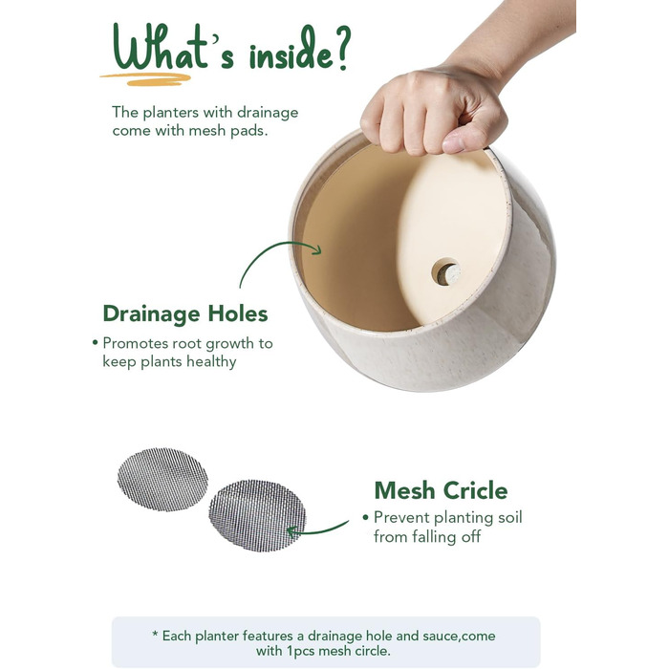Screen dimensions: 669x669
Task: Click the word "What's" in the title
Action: tap(174, 48)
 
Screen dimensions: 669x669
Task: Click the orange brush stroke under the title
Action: tap(145, 79)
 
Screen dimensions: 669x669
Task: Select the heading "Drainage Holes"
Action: tap(185, 314)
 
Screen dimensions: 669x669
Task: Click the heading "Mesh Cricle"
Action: tap(442, 490)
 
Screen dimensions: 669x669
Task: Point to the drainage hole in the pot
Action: tap(446, 271)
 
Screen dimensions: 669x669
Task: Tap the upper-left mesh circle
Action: tap(162, 479)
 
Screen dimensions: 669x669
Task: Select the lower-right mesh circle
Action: tap(257, 515)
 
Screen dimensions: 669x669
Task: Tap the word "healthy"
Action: tap(211, 362)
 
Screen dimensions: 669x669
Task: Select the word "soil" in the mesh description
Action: tap(510, 518)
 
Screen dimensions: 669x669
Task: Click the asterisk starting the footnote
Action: tap(155, 634)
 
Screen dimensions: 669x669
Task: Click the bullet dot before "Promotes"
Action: tap(96, 342)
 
